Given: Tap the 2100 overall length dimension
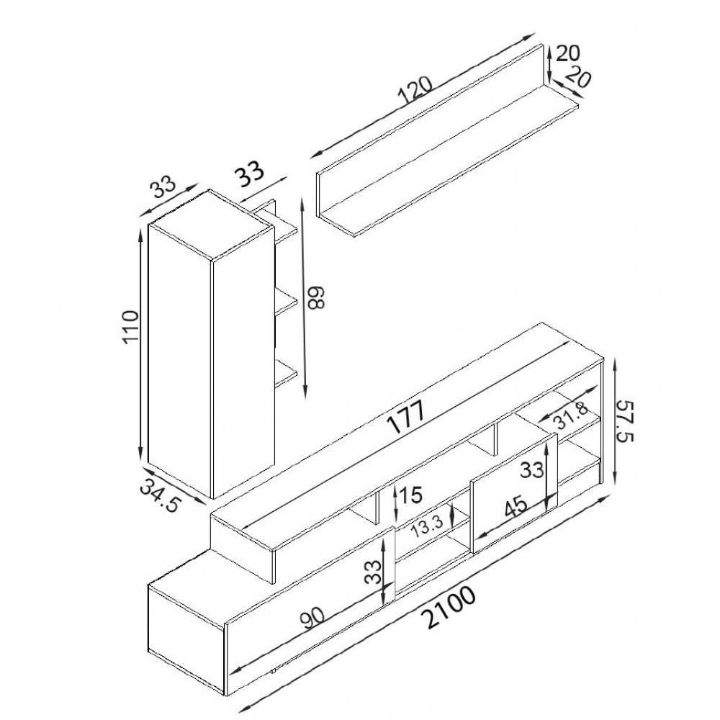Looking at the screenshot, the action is (449, 608).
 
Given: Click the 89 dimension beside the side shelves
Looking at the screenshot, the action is (316, 297).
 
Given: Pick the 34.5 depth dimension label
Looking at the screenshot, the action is (159, 495).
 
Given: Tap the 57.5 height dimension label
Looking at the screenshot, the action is (624, 420).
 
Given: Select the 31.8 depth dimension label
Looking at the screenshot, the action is (570, 415).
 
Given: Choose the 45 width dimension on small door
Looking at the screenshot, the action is (516, 508).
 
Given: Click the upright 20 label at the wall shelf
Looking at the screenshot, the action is (568, 53).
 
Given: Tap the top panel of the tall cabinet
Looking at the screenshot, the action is (211, 225).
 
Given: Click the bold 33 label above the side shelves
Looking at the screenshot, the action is (250, 173).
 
